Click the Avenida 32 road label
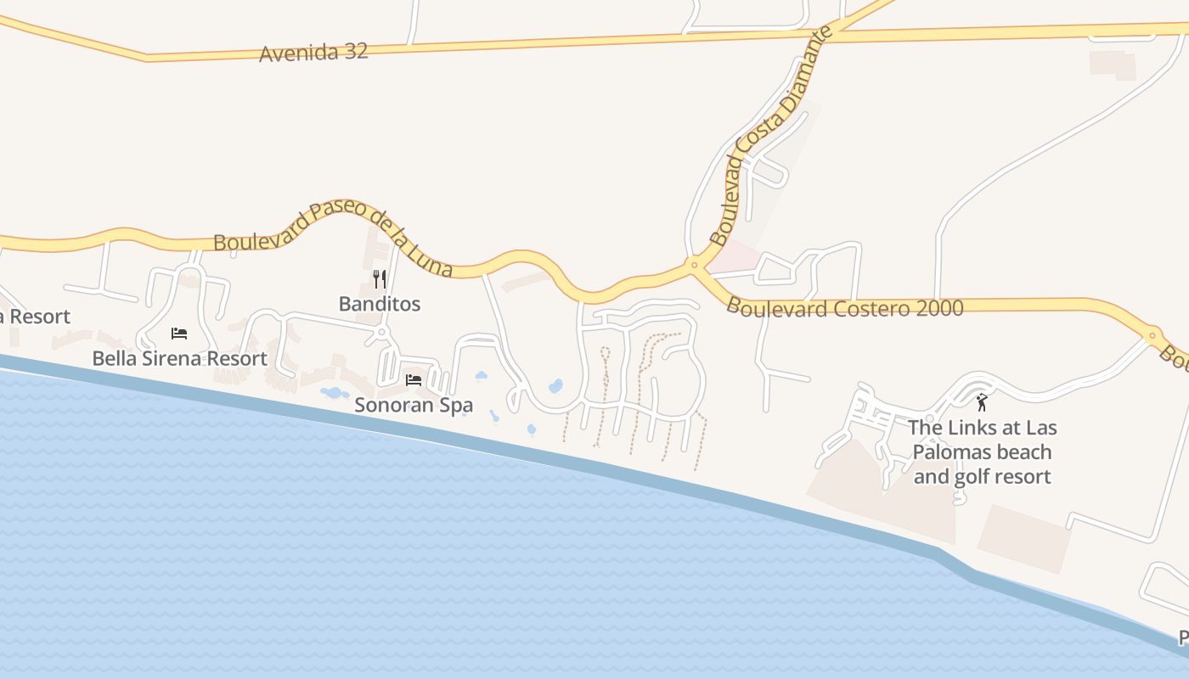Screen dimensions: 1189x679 [x=313, y=53]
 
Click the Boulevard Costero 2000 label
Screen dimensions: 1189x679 [x=845, y=307]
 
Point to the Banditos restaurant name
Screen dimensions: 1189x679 [x=380, y=304]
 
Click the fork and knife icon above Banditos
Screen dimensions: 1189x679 [x=380, y=278]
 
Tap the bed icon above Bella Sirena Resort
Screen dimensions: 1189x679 [x=179, y=333]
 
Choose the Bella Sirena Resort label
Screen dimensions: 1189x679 [x=179, y=358]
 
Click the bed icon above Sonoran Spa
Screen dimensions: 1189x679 [x=414, y=379]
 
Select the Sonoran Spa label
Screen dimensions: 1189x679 [x=414, y=405]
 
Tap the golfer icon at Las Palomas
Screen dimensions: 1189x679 [x=982, y=402]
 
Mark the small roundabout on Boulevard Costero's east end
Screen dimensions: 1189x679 [x=1152, y=335]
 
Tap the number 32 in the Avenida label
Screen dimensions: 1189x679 [x=356, y=52]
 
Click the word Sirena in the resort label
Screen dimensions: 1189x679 [x=171, y=358]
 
